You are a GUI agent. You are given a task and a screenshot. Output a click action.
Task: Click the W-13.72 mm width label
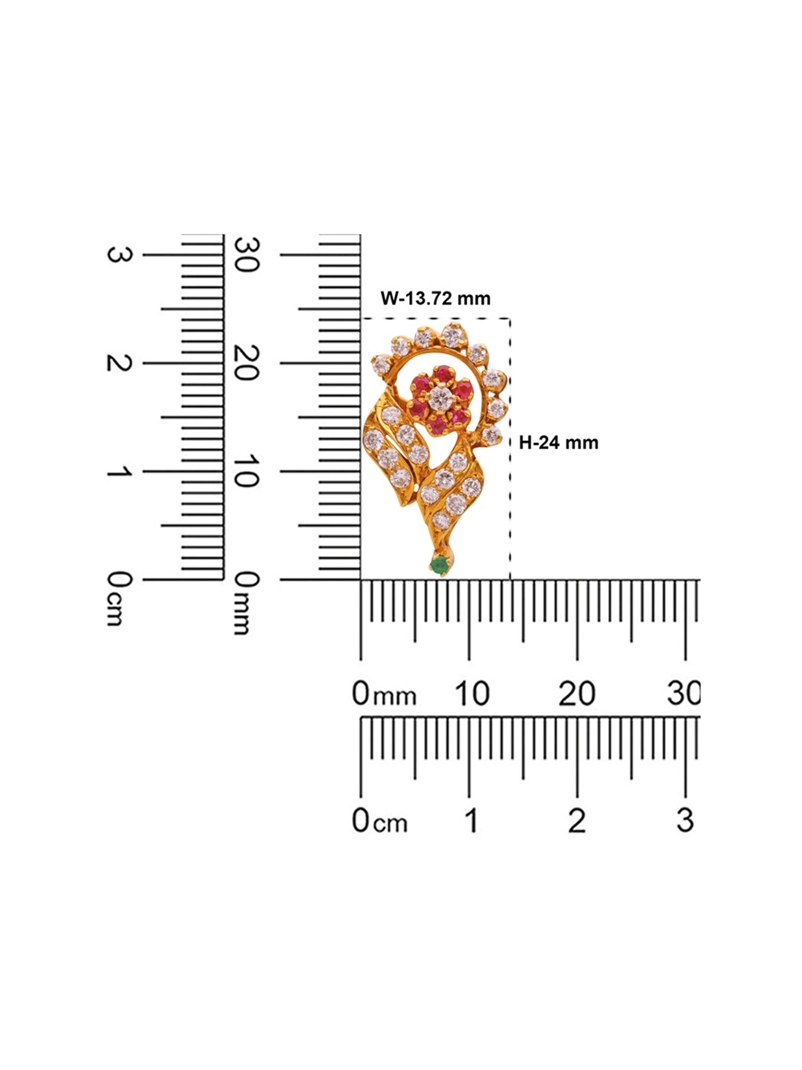(435, 298)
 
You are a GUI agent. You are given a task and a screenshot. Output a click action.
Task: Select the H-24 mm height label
(559, 442)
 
